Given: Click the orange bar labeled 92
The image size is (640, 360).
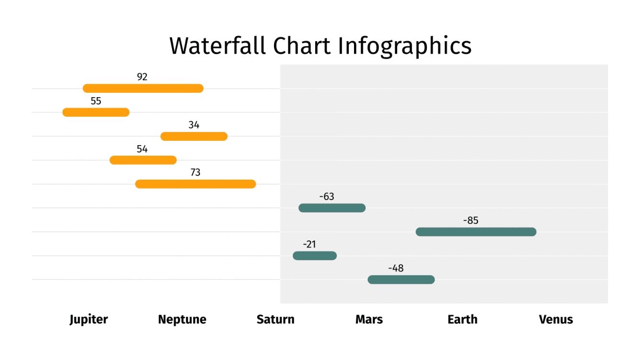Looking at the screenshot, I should coord(143,88).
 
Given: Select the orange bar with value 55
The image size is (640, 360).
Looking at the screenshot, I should coord(96,112).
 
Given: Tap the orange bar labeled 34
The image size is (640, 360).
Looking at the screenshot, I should coord(194,136).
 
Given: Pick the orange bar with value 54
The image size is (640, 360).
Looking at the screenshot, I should coord(143,160).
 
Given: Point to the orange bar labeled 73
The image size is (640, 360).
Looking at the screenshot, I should coord(195,184).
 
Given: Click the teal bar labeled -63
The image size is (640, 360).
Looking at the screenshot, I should coord(331,208).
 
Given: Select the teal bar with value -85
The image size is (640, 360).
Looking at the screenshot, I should coord(476,232).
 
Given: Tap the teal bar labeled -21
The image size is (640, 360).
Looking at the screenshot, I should coord(315,256).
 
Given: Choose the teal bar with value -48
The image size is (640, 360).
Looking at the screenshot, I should coord(401,280).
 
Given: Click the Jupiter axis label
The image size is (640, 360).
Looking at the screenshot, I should coord(89,319).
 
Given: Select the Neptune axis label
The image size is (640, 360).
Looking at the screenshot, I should coord(182,319).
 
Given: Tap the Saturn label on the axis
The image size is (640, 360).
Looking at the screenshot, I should coord(275,319).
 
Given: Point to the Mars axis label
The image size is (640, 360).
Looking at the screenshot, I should coord(369,319).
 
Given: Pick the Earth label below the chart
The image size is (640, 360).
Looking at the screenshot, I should coord(462,319).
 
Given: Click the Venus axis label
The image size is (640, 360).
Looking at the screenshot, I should coord(556,319).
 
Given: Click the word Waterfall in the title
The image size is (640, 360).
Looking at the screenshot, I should coord(217,46).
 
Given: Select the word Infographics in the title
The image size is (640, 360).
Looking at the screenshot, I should coord(404,46).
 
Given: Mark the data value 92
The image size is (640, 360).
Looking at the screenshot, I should coord(142,77).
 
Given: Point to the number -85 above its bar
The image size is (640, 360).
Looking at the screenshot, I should coord(470,221).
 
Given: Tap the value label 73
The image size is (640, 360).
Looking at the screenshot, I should coord(195,172).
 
